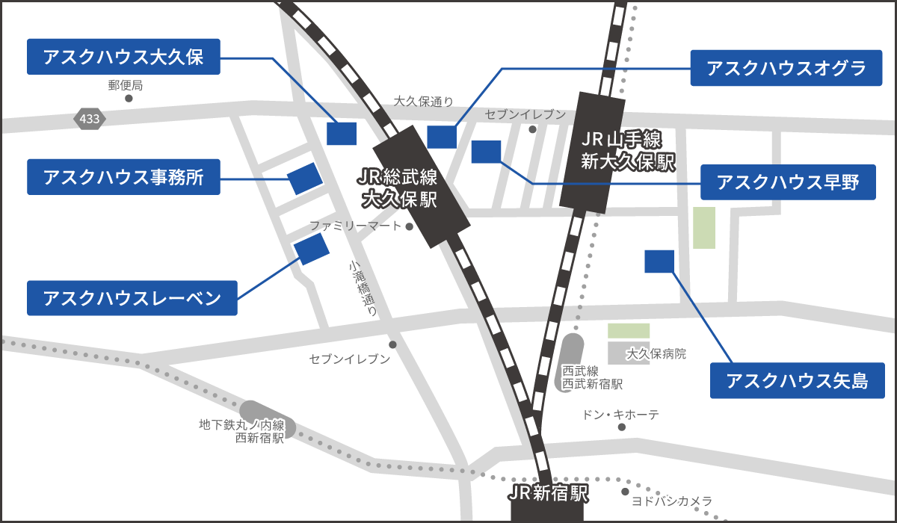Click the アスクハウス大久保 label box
[123, 57]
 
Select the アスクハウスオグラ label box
[786, 69]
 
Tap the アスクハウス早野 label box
[788, 182]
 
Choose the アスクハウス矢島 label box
[797, 380]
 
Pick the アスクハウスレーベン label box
[132, 298]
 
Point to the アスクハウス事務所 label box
[123, 177]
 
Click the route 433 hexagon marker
[90, 118]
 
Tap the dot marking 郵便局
[129, 98]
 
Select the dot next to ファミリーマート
[410, 226]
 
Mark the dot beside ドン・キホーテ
[620, 427]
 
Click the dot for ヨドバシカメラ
[625, 491]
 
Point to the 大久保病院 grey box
[629, 353]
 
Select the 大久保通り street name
[423, 102]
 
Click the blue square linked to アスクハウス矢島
[659, 261]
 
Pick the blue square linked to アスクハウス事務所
[305, 179]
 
